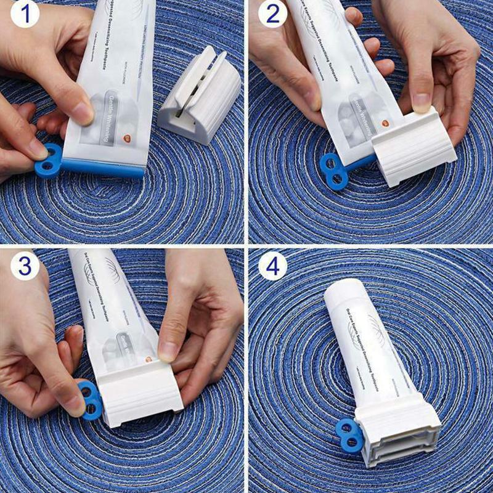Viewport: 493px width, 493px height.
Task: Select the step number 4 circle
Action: (x=272, y=266)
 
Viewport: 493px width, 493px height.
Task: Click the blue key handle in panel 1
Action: (x=47, y=160)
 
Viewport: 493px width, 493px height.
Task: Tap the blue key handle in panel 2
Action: (x=333, y=169)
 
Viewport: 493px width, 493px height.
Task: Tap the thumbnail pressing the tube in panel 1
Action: (x=83, y=113)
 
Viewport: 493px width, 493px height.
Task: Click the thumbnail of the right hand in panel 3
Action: (x=168, y=350)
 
